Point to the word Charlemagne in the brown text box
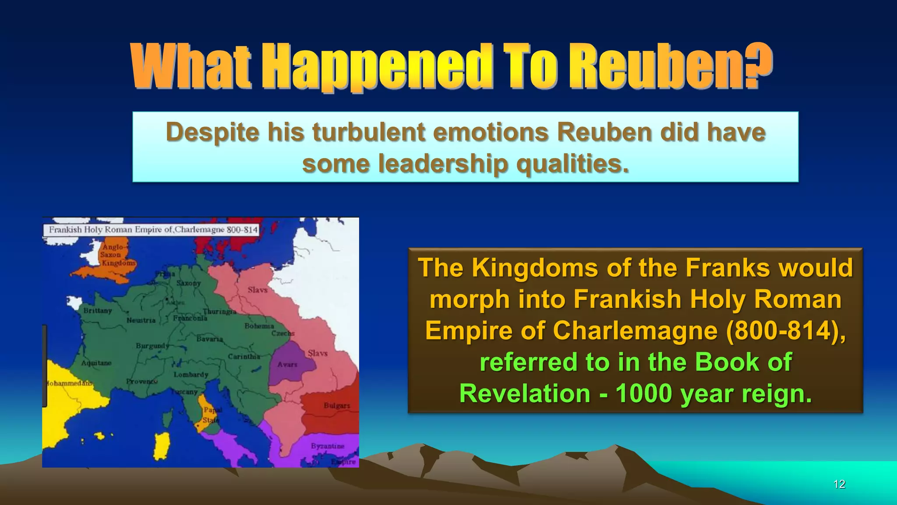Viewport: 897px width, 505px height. (x=636, y=331)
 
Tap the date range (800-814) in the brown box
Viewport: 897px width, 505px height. (x=785, y=331)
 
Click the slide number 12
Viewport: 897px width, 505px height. (x=839, y=484)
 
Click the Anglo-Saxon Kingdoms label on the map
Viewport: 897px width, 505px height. (x=117, y=255)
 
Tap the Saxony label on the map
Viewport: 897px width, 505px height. (x=188, y=283)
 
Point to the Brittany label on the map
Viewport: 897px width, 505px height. (x=98, y=310)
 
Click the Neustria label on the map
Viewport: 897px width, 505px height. (x=141, y=320)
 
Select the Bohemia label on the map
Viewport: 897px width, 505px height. (x=259, y=326)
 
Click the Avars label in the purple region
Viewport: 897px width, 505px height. (x=287, y=364)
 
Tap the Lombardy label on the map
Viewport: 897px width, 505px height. (x=191, y=375)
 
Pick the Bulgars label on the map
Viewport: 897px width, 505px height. (x=337, y=405)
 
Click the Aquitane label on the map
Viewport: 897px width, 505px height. (x=96, y=363)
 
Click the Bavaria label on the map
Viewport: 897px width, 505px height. (x=210, y=339)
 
